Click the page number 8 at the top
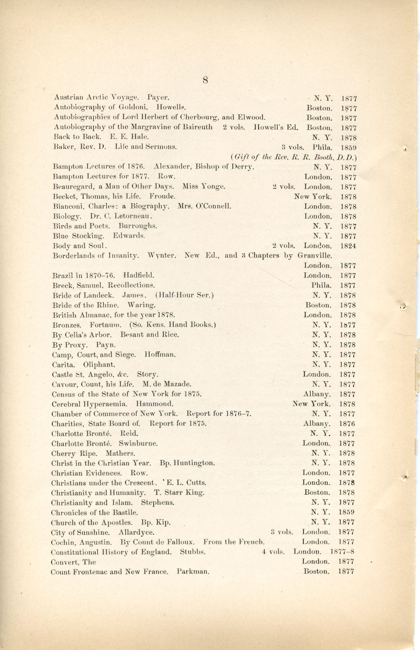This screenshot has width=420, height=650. click(205, 80)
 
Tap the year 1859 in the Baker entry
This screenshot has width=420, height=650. click(348, 147)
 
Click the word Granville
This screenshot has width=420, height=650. click(314, 256)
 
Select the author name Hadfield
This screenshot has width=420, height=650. click(139, 276)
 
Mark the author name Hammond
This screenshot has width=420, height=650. click(155, 404)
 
